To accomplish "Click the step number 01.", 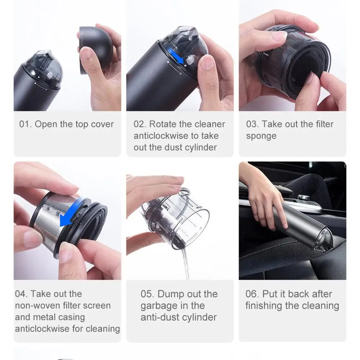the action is click(25, 124).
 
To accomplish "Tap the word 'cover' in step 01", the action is click(102, 124).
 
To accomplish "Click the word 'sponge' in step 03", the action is click(261, 136).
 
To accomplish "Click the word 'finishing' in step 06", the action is click(264, 306).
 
